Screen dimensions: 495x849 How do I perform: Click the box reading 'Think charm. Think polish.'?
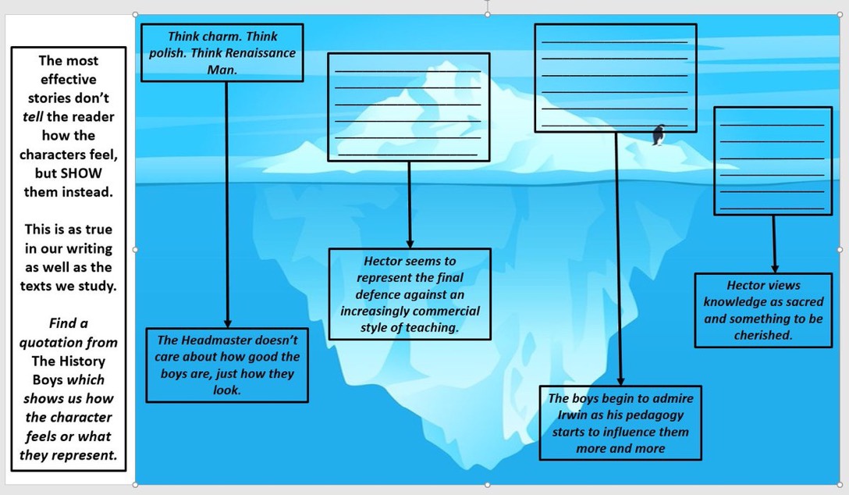pyautogui.click(x=222, y=52)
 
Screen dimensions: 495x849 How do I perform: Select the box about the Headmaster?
pyautogui.click(x=227, y=365)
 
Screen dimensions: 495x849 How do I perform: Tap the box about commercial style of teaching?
pyautogui.click(x=410, y=294)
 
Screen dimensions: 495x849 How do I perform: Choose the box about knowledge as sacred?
pyautogui.click(x=763, y=310)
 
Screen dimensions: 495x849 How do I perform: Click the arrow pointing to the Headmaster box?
pyautogui.click(x=227, y=203)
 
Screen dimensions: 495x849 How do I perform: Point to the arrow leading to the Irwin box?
pyautogui.click(x=619, y=258)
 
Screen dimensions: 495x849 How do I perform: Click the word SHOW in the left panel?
pyautogui.click(x=81, y=173)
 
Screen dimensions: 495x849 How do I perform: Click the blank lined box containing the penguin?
pyautogui.click(x=615, y=77)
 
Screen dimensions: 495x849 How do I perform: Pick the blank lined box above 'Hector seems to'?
pyautogui.click(x=408, y=107)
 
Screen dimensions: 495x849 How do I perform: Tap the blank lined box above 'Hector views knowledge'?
pyautogui.click(x=772, y=161)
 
